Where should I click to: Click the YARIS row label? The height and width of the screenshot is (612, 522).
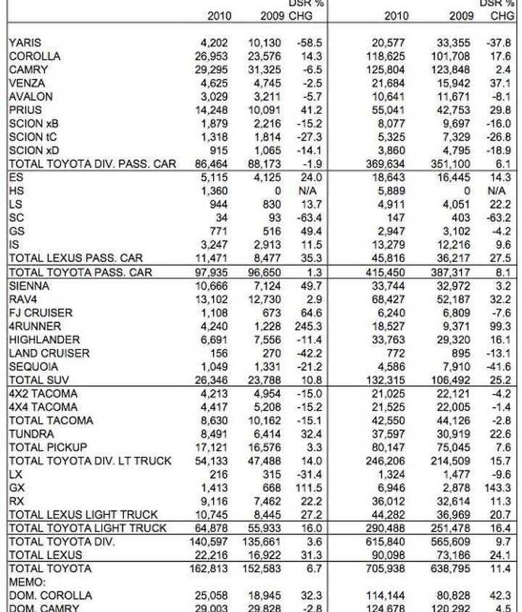click(x=25, y=43)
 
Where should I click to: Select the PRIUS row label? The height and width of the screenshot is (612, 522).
click(x=25, y=110)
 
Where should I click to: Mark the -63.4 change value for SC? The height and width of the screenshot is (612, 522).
click(x=308, y=217)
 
